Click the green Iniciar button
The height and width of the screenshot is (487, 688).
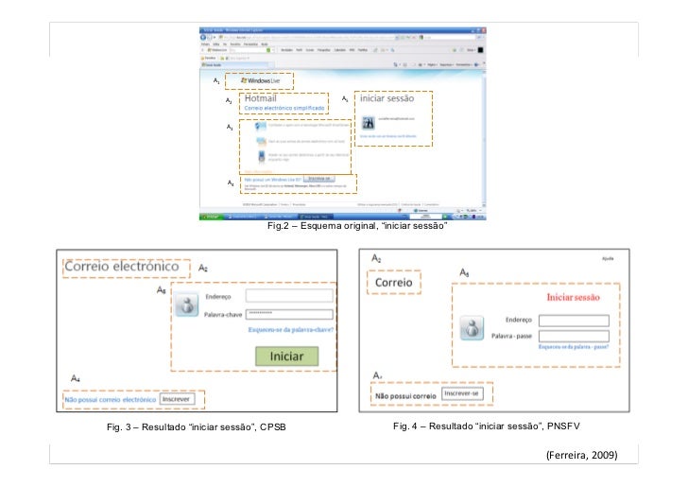point(287,357)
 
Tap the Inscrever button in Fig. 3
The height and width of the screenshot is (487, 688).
point(176,399)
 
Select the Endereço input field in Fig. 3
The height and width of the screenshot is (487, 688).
point(288,296)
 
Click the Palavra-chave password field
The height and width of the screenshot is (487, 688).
point(288,314)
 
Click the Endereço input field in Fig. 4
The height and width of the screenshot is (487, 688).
point(573,320)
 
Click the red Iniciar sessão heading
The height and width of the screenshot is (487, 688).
point(574,298)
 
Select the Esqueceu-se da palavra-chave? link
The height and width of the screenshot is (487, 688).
point(290,330)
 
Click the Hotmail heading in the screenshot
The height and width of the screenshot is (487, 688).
point(261,97)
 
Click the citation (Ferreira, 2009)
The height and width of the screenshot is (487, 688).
point(582,455)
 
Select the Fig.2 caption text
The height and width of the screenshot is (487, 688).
point(356,228)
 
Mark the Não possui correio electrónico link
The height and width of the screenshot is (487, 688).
point(109,400)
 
